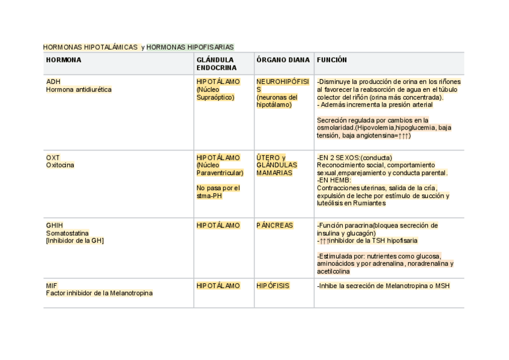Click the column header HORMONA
coord(64,60)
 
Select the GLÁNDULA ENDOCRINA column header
coord(215,64)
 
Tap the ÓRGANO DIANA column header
coord(283,60)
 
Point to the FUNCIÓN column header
coord(332,60)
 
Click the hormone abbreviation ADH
coord(53,82)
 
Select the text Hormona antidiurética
coord(79,89)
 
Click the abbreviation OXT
coord(53,158)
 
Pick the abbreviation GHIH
coord(55,226)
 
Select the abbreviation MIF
coord(52,286)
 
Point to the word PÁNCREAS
coord(274,226)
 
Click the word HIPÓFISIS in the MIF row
coord(273,286)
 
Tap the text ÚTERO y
coord(271,158)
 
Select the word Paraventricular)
coord(220,173)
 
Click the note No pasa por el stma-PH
coord(218,191)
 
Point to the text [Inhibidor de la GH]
coord(76,241)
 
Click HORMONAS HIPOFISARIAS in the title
coord(190,47)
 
